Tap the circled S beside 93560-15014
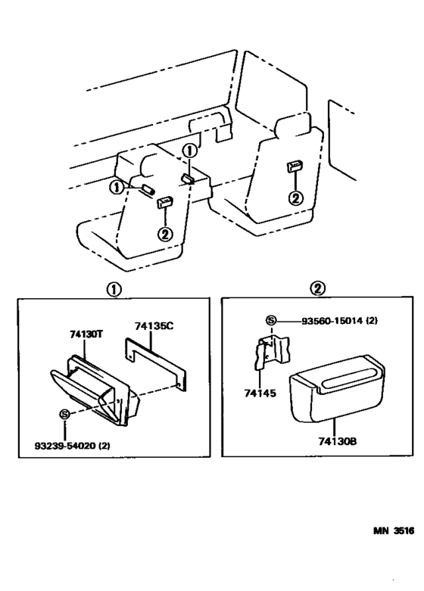271,321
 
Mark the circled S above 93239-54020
65,414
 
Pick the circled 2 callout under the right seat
295,198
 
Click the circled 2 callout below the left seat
165,233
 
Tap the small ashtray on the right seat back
295,168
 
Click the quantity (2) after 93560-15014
371,321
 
